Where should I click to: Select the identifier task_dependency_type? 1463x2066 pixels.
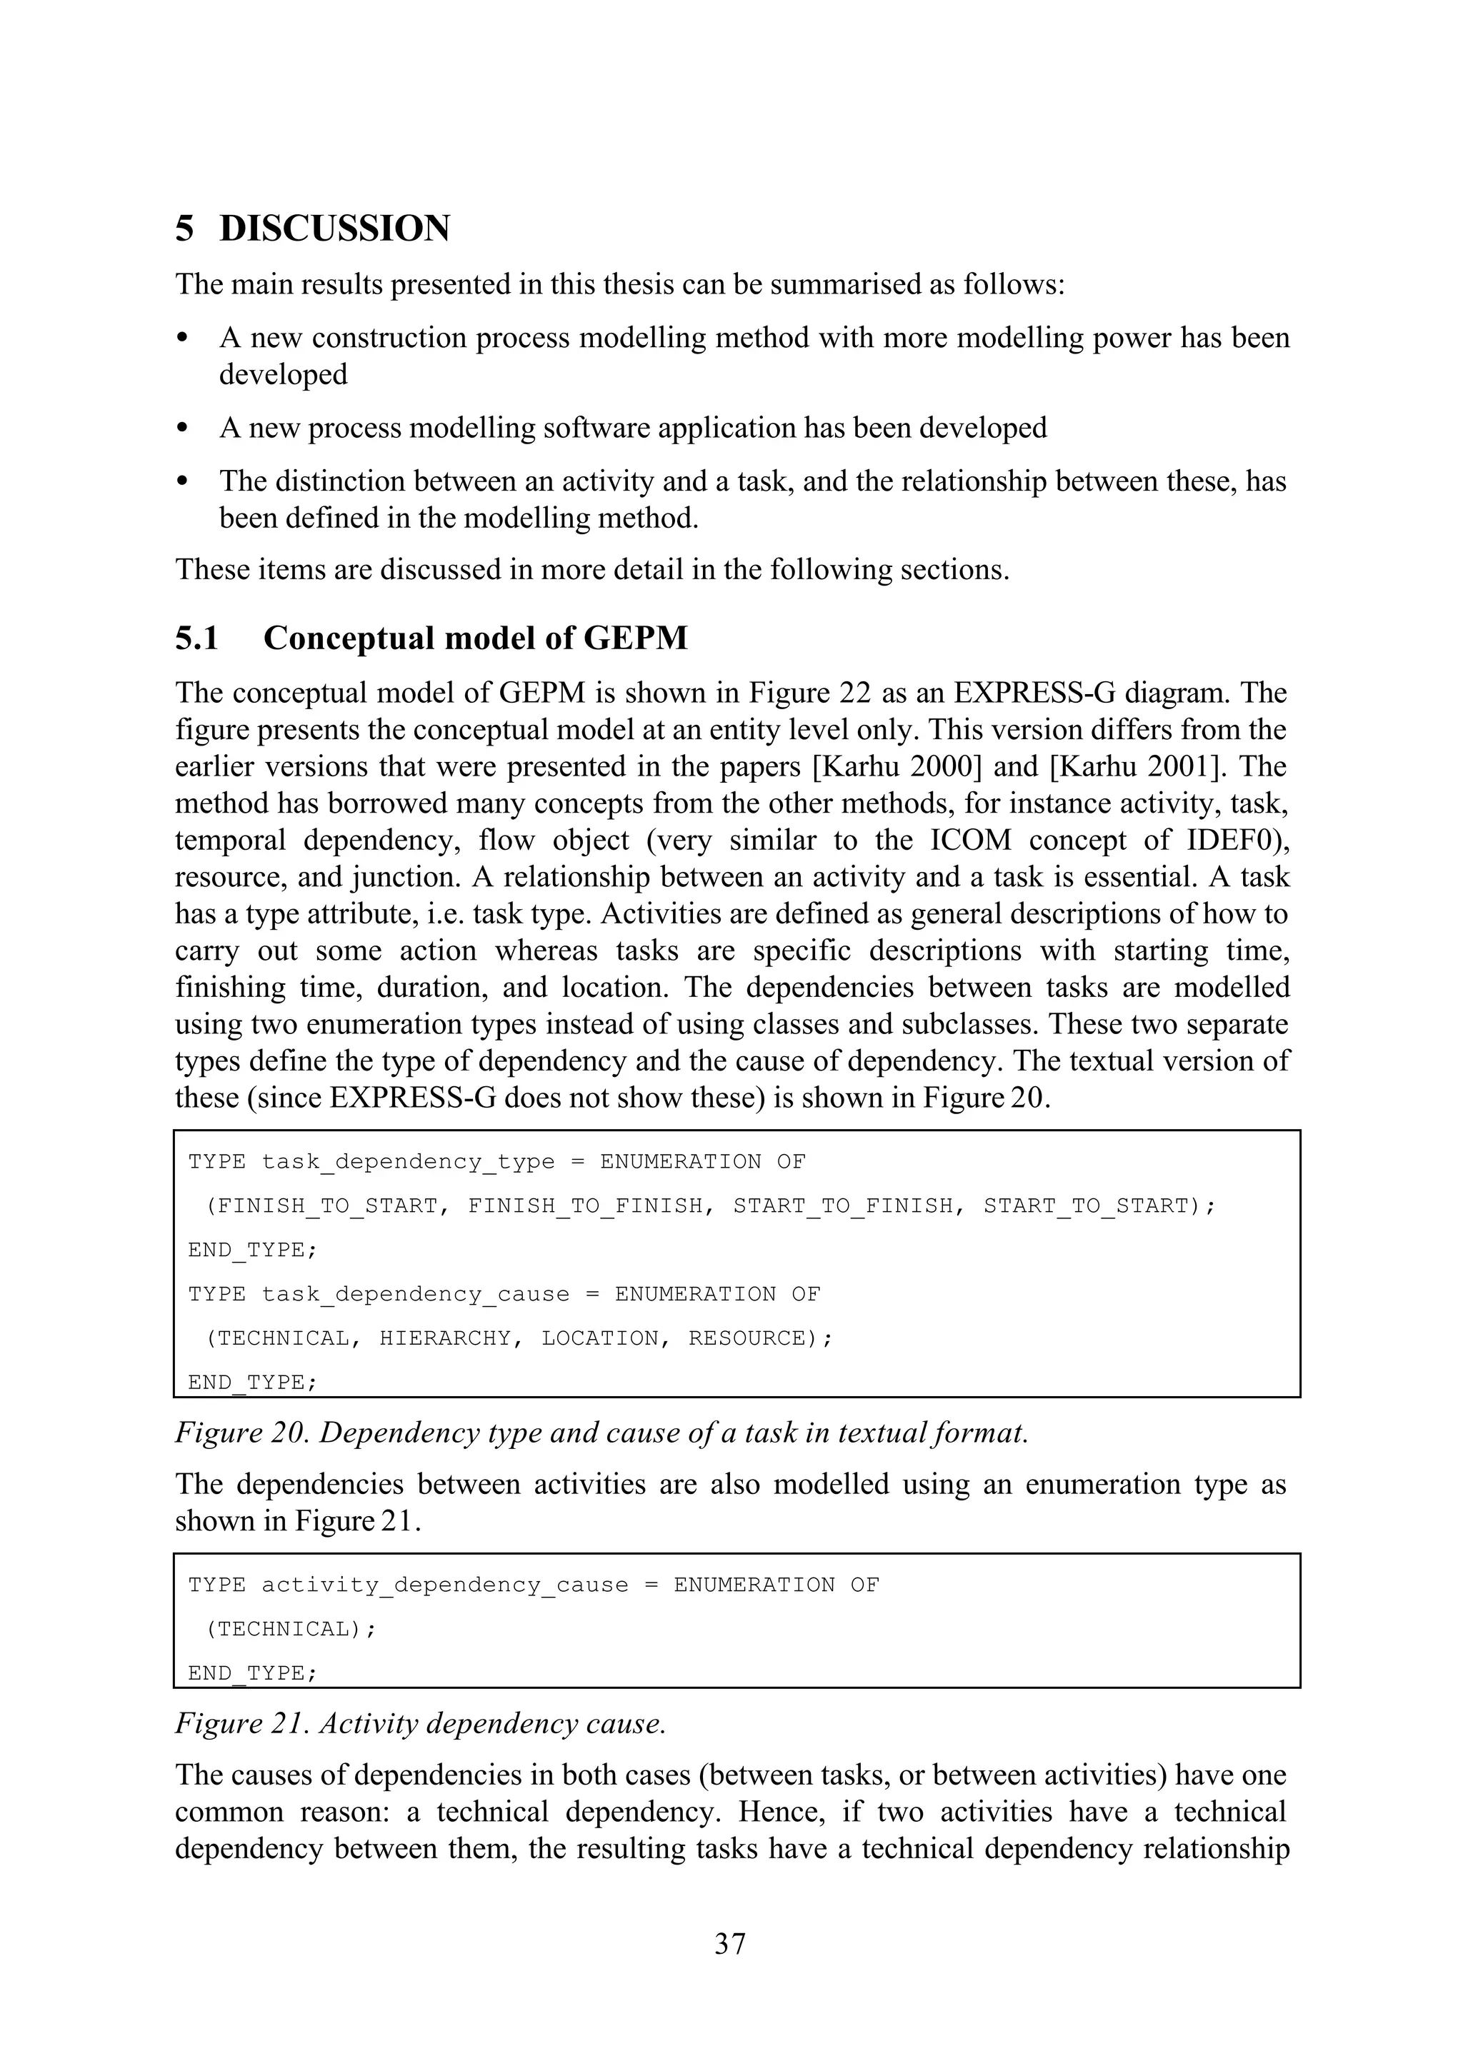[x=408, y=1162]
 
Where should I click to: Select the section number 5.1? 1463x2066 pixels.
[x=196, y=638]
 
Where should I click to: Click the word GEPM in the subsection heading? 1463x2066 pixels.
[x=635, y=638]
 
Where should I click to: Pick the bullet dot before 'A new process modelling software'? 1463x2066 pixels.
[x=183, y=428]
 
